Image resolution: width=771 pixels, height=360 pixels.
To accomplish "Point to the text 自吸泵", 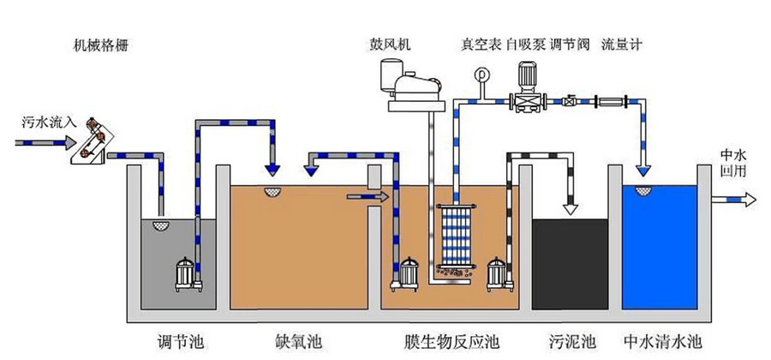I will click(525, 45).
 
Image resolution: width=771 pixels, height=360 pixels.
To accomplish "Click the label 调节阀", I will click(569, 45).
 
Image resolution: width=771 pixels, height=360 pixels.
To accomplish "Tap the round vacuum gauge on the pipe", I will click(481, 75).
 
